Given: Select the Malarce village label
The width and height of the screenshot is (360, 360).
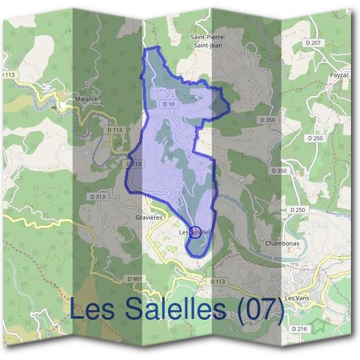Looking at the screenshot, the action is [86, 99].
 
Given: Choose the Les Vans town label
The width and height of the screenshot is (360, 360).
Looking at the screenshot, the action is [296, 298].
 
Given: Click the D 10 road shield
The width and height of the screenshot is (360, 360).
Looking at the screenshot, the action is [169, 104].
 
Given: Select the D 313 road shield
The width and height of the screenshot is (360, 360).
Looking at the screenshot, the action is [98, 196].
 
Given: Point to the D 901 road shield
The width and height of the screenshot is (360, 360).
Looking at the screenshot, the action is [135, 279].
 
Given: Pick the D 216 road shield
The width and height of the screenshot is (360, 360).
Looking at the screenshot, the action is [299, 329].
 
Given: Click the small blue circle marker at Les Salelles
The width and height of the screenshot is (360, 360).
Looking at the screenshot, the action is [195, 231].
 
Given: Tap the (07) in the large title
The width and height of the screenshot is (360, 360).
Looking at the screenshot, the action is [260, 309].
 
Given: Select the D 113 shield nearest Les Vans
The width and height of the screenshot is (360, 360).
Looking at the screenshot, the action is [217, 281].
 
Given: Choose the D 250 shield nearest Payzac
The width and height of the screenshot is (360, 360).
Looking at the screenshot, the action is [315, 138].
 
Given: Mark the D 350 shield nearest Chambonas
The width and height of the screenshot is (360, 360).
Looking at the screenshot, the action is [279, 171].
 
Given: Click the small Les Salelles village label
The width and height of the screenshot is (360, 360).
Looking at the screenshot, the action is [196, 232].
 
